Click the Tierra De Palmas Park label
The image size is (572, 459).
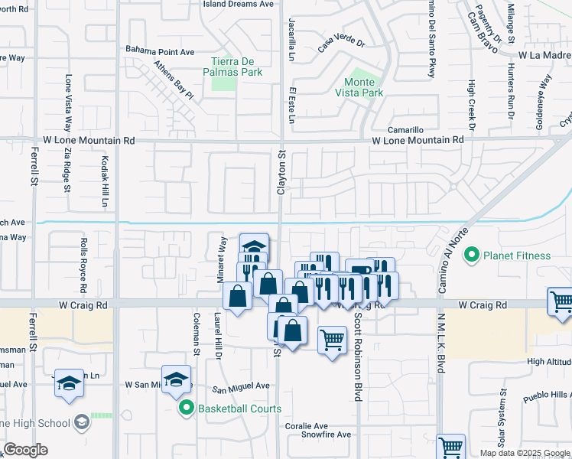click(236, 67)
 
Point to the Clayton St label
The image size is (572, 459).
click(281, 172)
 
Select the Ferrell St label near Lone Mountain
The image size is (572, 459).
click(34, 167)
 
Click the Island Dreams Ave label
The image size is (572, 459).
click(238, 4)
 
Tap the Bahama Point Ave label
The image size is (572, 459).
click(161, 52)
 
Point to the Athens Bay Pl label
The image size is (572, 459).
click(174, 80)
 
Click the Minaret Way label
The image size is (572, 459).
click(223, 256)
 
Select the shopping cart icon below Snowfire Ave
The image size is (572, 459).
click(450, 447)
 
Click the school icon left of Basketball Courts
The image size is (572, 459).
click(175, 380)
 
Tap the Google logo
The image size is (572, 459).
click(26, 451)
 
